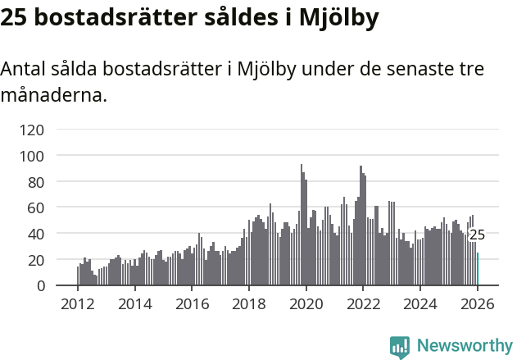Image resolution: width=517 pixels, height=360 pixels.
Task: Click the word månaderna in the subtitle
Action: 54,95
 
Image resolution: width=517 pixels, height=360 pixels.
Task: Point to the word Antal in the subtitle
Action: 25,69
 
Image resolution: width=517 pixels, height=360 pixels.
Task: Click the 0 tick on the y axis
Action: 40,285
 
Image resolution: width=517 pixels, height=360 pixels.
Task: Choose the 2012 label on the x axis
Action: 77,304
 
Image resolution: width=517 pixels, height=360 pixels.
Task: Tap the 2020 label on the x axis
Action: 306,304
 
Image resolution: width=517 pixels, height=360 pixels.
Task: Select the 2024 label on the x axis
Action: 419,304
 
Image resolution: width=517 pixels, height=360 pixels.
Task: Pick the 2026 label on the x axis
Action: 477,304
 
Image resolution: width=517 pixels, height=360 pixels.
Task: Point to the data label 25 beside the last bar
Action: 477,235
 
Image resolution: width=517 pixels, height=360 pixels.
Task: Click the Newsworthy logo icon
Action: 400,347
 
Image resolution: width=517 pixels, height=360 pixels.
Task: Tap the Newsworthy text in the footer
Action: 465,346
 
